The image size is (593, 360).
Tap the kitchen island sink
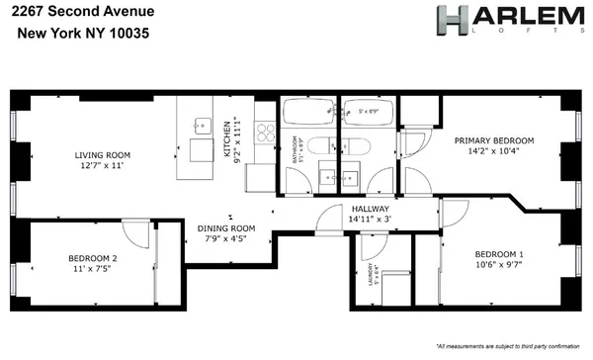coord(203,127)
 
